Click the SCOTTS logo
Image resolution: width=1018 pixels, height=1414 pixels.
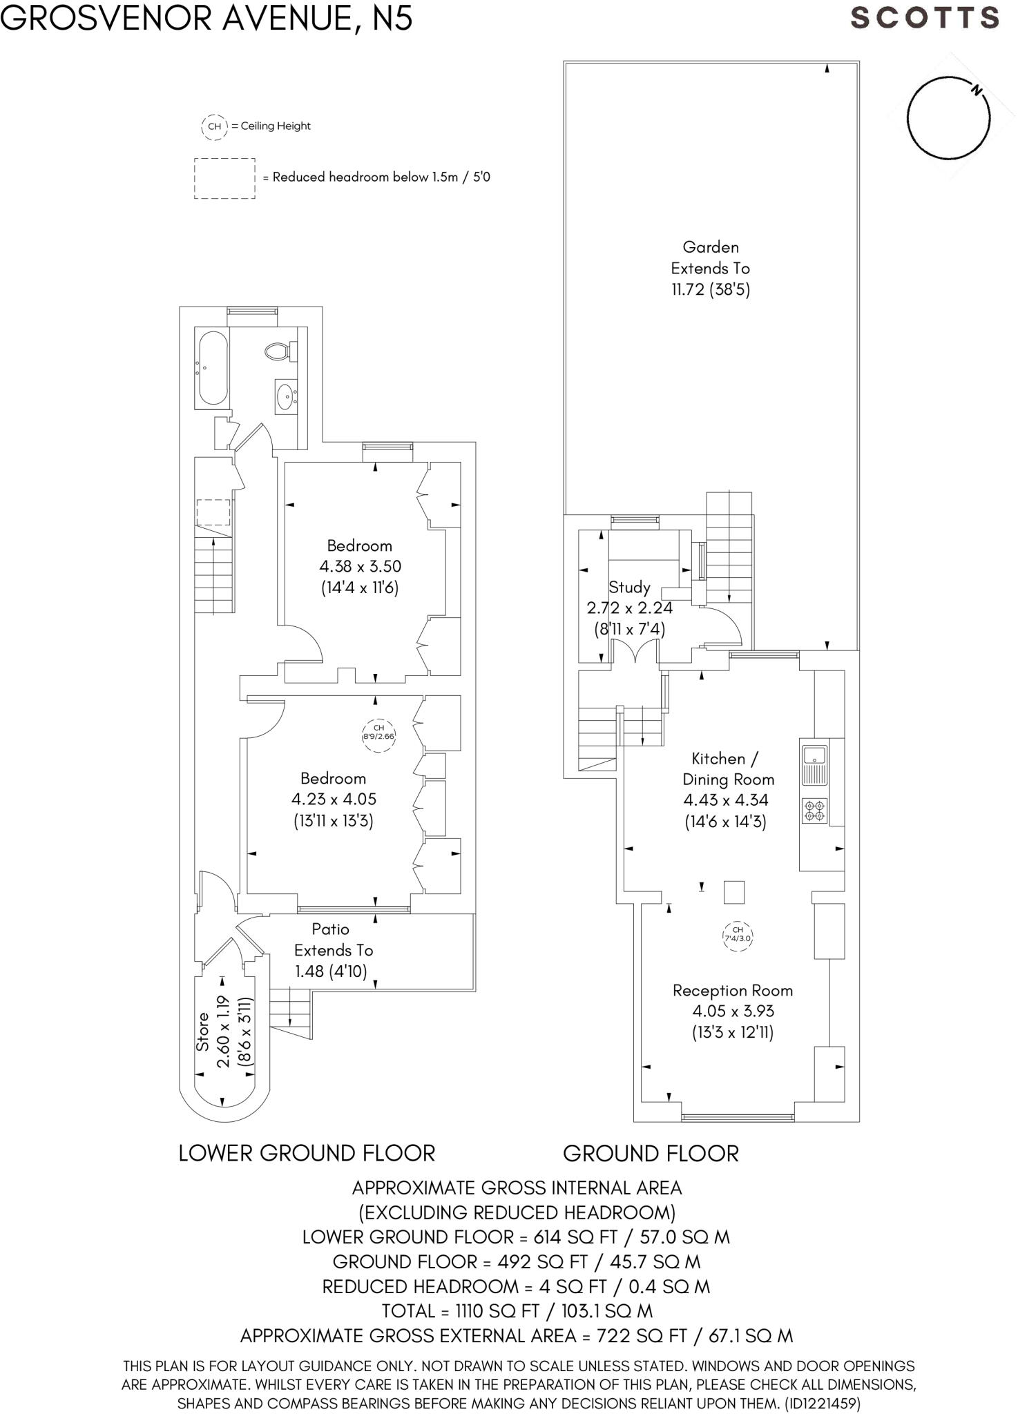click(x=924, y=18)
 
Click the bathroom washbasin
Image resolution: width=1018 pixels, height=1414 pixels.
click(x=285, y=396)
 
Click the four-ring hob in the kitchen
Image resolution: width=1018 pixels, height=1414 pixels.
click(x=814, y=811)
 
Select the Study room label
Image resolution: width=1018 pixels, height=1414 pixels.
click(x=629, y=588)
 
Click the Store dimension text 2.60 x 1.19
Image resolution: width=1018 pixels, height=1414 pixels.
click(x=222, y=1032)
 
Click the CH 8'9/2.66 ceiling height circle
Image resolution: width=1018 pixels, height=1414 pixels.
click(x=378, y=733)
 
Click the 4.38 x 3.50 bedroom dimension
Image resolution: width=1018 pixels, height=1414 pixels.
click(x=360, y=567)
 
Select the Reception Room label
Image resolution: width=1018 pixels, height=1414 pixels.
click(x=732, y=991)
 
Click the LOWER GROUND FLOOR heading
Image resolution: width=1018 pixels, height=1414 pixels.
click(x=307, y=1154)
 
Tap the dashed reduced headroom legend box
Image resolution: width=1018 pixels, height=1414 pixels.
click(x=224, y=178)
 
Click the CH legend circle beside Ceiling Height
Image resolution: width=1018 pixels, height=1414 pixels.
click(x=214, y=126)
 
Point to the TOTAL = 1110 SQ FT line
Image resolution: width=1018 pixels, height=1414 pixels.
click(x=517, y=1310)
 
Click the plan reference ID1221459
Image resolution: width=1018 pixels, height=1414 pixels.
click(x=821, y=1403)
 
